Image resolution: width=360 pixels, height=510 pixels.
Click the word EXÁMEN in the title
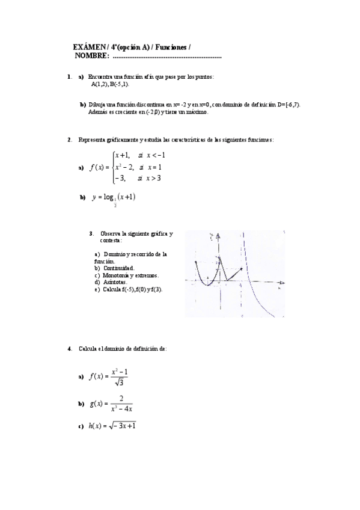click(89, 47)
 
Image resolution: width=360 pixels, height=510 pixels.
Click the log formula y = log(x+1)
click(114, 197)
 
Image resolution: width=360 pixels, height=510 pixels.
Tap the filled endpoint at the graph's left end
click(197, 263)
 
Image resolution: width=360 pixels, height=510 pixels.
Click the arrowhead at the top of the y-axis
click(219, 233)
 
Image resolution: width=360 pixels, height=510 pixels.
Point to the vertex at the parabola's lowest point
click(206, 285)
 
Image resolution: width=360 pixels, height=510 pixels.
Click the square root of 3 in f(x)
click(118, 381)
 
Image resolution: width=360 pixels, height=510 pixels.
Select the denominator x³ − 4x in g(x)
click(121, 409)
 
